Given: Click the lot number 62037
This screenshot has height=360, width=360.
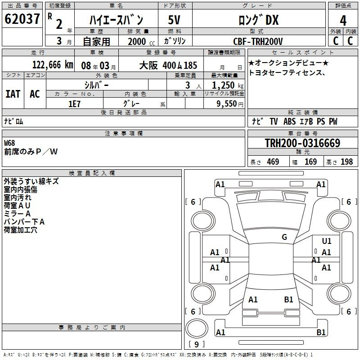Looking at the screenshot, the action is (22, 19).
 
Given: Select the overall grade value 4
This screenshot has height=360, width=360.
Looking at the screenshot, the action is (343, 21).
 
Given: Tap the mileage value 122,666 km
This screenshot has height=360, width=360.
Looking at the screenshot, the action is (53, 65).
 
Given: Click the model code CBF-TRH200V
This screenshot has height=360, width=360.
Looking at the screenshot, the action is (258, 41).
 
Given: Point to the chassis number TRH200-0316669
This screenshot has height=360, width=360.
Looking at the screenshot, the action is (302, 143).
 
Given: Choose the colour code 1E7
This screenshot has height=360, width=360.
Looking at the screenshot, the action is (74, 104).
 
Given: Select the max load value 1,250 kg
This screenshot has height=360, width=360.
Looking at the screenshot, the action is (228, 85).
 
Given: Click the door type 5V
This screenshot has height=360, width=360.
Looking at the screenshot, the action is (174, 20).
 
